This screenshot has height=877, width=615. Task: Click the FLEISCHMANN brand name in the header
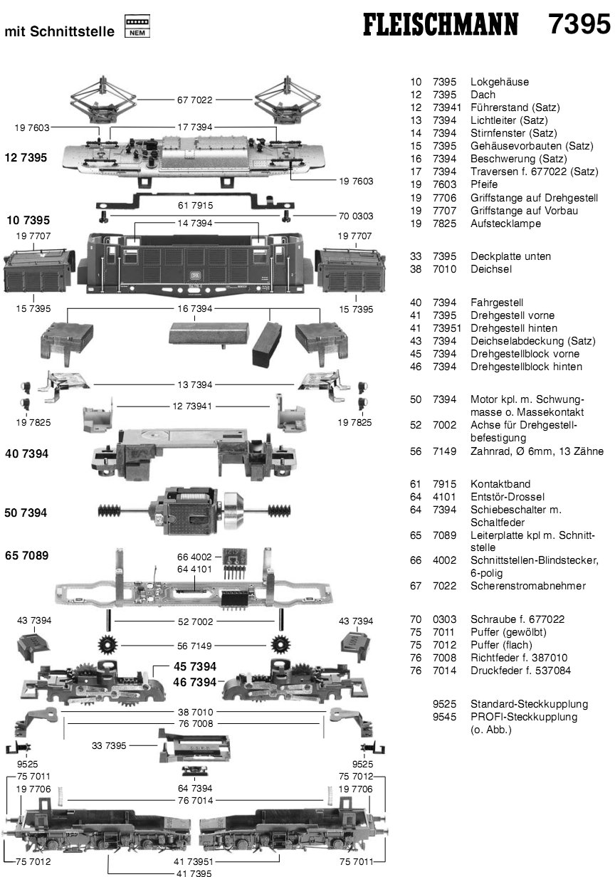pos(441,26)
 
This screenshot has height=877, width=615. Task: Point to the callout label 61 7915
pos(195,205)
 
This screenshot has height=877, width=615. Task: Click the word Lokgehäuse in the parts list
pos(500,82)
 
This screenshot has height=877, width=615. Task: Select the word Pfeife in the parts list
pos(484,184)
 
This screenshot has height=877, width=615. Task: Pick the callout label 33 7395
pos(109,745)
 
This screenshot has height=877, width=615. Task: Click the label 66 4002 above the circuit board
pos(194,557)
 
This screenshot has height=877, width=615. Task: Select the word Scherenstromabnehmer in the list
pos(528,586)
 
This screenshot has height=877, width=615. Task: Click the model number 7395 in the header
pos(579,24)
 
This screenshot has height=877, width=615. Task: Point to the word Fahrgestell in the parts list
pos(497,303)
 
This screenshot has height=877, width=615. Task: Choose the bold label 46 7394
pos(194,682)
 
